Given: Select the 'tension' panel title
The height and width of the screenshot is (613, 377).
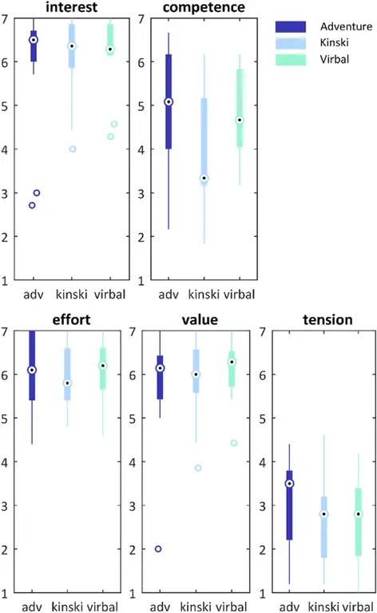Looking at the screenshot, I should click(318, 320).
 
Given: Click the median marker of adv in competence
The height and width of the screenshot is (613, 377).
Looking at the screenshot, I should click(169, 102).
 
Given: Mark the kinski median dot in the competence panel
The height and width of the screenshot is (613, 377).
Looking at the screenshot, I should click(204, 179).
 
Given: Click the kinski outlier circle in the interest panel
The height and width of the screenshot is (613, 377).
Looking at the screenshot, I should click(73, 149).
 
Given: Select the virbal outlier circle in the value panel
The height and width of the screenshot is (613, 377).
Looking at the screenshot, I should click(234, 443).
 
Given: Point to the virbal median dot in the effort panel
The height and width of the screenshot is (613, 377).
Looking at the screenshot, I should click(103, 366).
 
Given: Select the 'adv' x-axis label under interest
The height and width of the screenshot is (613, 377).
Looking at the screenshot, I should click(34, 295).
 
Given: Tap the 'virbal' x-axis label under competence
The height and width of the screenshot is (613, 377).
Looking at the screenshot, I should click(239, 295).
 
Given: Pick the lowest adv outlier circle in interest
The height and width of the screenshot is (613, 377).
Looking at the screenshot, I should click(32, 205).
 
